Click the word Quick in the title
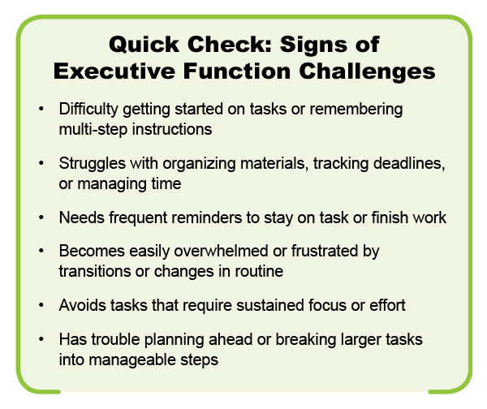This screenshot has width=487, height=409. (x=144, y=45)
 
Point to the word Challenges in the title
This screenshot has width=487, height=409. (x=367, y=72)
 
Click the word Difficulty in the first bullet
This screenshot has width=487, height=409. (x=88, y=110)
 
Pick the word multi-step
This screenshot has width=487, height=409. (x=93, y=130)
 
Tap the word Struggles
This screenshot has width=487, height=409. (x=93, y=164)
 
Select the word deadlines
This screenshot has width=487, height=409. (x=409, y=163)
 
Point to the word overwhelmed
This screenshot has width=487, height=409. (x=221, y=251)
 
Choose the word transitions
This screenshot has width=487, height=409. (x=95, y=271)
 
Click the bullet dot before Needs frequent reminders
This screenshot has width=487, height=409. (x=41, y=217)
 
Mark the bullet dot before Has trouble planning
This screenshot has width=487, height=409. (x=41, y=339)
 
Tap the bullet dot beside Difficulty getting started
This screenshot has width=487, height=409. (x=41, y=109)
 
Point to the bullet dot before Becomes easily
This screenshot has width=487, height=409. (x=41, y=252)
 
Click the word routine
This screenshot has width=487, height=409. (x=259, y=271)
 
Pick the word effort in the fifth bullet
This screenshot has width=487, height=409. (x=387, y=305)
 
